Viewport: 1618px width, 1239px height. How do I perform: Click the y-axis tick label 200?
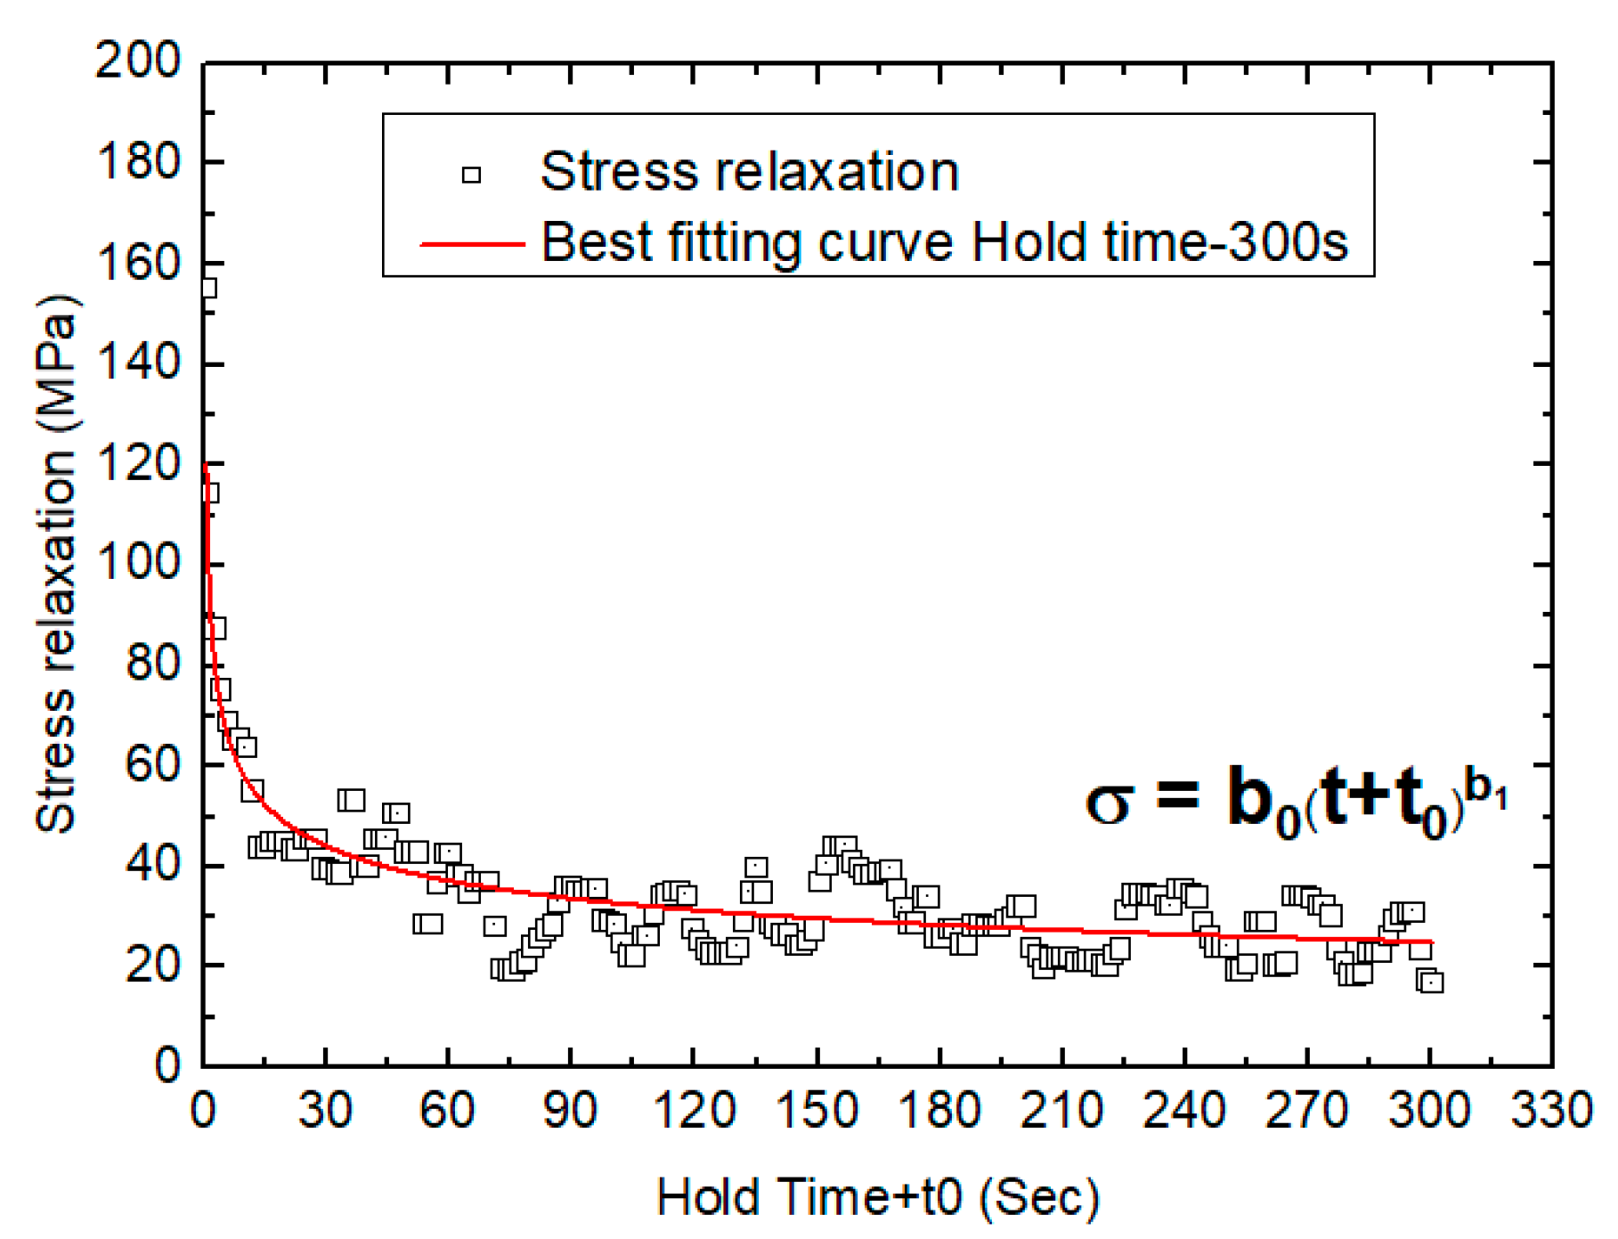138,62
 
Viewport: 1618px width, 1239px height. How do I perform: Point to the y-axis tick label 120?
138,464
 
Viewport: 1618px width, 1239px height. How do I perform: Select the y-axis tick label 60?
152,765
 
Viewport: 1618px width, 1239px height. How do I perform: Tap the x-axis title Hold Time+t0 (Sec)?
878,1197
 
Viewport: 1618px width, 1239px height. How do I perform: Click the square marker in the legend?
471,175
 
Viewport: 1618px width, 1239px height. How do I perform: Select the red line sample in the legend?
472,243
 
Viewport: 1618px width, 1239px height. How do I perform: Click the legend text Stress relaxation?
749,171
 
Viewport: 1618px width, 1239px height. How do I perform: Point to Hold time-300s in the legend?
1159,242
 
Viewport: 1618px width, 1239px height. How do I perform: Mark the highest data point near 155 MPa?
207,288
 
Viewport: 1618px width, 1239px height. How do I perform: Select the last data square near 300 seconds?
1432,982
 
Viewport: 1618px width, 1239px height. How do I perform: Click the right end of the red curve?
1431,941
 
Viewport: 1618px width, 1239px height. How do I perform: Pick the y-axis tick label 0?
167,1065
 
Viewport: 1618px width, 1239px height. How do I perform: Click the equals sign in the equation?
1177,795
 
